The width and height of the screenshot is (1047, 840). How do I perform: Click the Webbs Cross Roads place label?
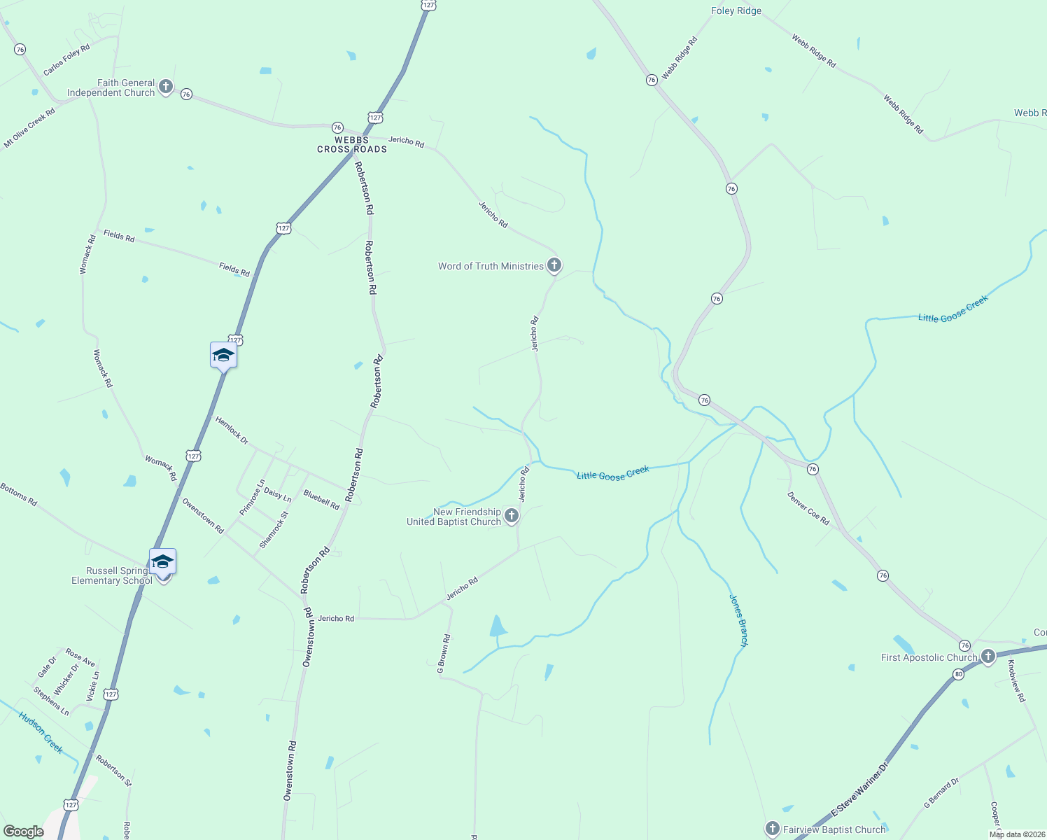click(x=352, y=144)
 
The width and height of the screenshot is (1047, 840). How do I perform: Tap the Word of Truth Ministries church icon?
click(x=554, y=265)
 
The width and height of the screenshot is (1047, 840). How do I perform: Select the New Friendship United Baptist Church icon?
click(x=512, y=517)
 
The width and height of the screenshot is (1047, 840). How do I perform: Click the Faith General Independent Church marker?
click(x=166, y=87)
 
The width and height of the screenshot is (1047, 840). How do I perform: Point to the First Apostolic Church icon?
click(x=988, y=657)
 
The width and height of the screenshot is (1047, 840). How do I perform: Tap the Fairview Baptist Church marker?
click(x=773, y=829)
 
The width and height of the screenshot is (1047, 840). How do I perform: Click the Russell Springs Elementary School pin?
click(x=162, y=563)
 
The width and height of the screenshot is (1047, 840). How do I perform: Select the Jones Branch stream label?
click(x=739, y=620)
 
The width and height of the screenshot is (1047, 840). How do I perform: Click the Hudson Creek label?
click(x=41, y=732)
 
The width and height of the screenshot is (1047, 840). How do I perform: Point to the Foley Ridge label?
click(x=736, y=10)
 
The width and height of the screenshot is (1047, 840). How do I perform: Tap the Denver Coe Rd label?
click(x=808, y=509)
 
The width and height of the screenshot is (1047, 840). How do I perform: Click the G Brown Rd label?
click(x=444, y=654)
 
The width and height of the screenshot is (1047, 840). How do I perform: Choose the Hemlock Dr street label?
click(x=232, y=430)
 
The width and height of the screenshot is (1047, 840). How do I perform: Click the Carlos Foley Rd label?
click(x=66, y=59)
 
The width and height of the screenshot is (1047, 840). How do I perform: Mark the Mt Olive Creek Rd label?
click(x=29, y=127)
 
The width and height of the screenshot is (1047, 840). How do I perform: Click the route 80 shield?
click(x=958, y=675)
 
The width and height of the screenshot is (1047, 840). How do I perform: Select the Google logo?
click(x=24, y=832)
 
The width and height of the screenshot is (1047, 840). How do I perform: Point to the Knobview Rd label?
click(x=1016, y=680)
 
